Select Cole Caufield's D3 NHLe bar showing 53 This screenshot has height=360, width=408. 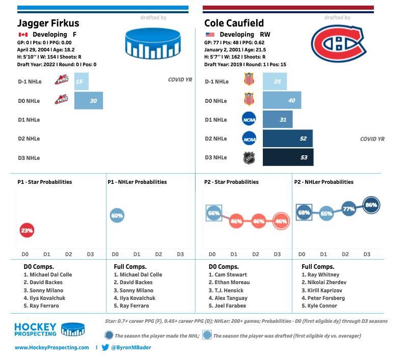tap(288, 157)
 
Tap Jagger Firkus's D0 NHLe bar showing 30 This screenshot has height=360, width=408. tap(89, 101)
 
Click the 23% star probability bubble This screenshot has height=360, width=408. tap(26, 230)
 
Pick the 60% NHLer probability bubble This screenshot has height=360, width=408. tap(117, 216)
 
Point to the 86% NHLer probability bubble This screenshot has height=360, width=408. tap(371, 205)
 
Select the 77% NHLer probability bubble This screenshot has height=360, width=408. tap(348, 209)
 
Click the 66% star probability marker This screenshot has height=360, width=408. tap(213, 213)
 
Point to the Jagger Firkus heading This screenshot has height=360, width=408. tap(48, 23)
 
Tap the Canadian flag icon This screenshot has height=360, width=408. tap(22, 35)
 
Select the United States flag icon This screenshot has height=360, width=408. tap(209, 35)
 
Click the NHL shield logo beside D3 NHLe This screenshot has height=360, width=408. tap(249, 157)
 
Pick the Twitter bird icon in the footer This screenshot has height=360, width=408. tap(105, 347)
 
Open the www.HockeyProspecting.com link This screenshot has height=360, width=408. tap(52, 347)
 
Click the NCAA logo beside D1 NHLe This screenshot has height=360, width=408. tap(249, 120)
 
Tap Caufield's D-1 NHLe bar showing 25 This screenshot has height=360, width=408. tap(274, 81)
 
